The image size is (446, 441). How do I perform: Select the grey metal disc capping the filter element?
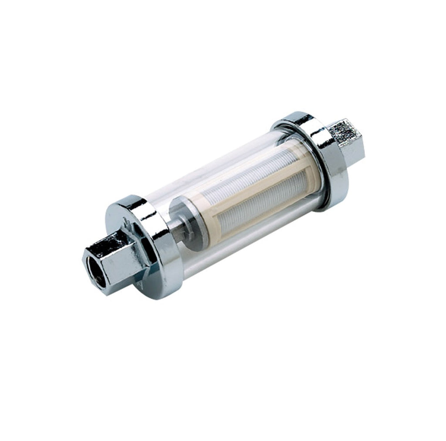(x=183, y=222)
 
